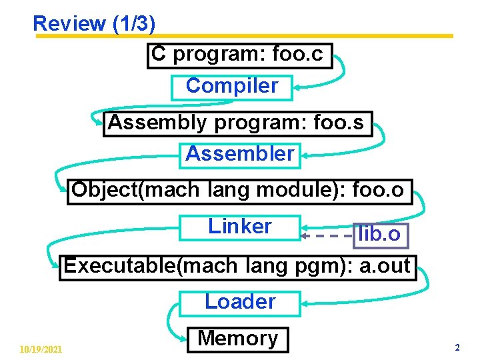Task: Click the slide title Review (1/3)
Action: point(94,24)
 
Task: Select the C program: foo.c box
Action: point(239,55)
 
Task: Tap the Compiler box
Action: point(231,87)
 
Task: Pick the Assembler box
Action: point(240,155)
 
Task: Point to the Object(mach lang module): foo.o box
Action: point(238,191)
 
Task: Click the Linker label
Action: point(240,227)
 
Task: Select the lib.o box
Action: point(379,234)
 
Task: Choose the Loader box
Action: point(240,302)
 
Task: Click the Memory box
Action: point(238,339)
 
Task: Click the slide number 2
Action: point(457,347)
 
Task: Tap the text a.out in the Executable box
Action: point(385,266)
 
